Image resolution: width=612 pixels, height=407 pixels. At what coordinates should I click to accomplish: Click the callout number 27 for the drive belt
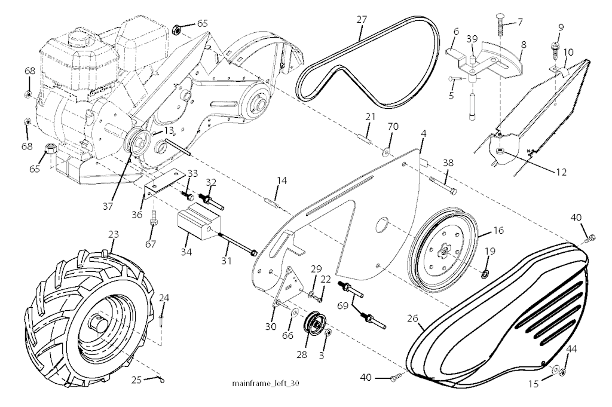point(361,19)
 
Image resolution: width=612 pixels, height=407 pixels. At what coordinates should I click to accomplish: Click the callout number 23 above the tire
point(113,235)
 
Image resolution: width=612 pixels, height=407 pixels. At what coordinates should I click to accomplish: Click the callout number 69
point(341,305)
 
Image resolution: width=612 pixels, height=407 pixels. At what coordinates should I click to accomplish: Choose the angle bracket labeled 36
point(161,185)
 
